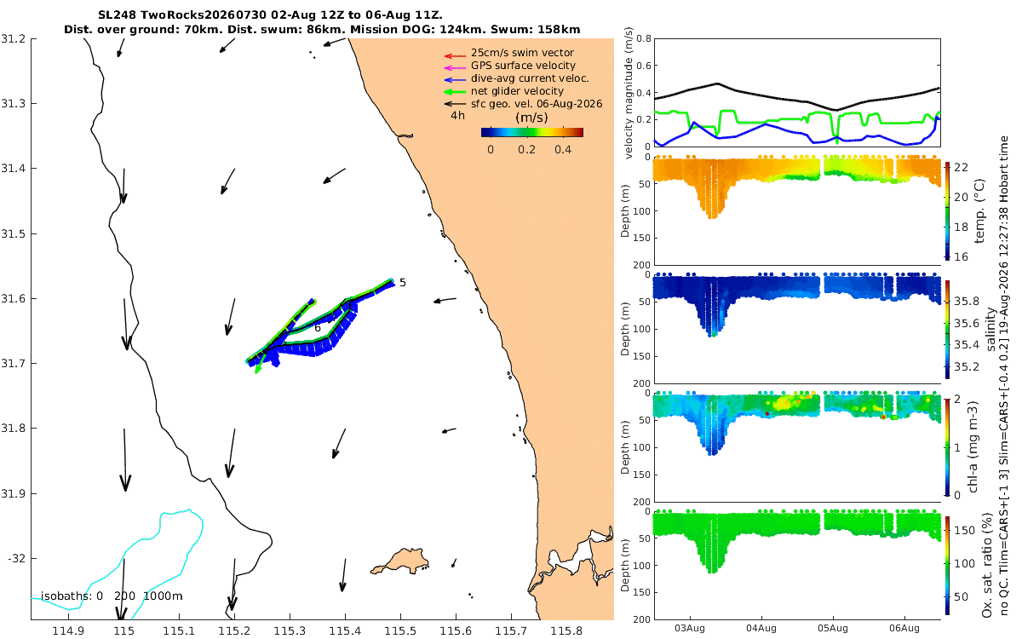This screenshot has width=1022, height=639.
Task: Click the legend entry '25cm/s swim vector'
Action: (522, 53)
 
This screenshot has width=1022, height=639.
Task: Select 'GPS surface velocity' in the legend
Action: (523, 66)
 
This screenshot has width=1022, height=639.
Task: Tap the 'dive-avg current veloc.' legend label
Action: (530, 78)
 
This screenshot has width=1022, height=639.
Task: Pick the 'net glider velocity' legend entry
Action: (518, 91)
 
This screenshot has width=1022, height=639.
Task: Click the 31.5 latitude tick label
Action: (13, 233)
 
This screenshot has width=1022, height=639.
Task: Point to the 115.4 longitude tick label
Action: (345, 631)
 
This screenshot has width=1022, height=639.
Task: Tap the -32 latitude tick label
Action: (16, 559)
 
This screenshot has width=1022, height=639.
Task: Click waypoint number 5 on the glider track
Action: (402, 283)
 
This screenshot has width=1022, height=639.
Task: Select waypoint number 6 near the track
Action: (318, 328)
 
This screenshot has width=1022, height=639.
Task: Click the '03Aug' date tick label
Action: (690, 629)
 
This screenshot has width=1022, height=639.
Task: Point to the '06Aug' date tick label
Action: (904, 629)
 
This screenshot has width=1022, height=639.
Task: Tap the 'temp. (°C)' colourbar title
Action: (979, 211)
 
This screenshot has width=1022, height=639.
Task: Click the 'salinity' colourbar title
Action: (990, 329)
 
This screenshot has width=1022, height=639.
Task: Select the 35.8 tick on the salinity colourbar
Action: (967, 302)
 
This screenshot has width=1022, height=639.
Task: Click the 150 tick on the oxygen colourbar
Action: (964, 531)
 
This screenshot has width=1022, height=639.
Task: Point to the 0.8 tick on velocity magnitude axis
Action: (644, 39)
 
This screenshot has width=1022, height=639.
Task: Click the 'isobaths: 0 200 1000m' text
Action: (112, 596)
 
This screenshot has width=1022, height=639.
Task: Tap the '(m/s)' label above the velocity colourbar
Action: (531, 118)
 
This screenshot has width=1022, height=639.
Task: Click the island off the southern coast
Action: (399, 561)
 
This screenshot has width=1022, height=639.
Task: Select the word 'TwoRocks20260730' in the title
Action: (203, 15)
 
